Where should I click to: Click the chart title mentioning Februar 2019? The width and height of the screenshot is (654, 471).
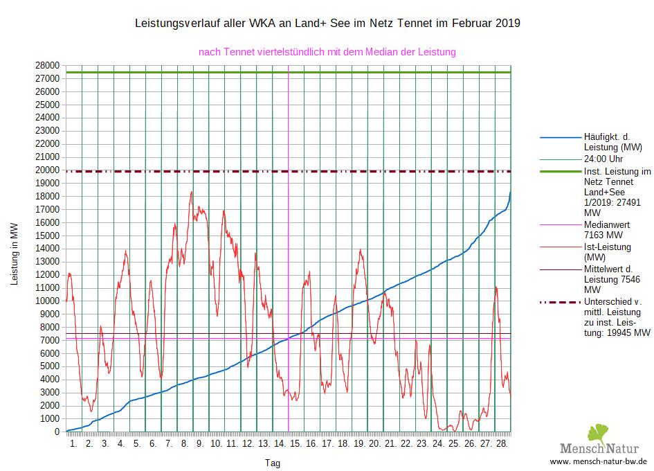click(327, 24)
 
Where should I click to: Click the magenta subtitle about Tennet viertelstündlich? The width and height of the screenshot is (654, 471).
click(327, 52)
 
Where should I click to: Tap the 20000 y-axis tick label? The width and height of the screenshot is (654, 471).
click(47, 170)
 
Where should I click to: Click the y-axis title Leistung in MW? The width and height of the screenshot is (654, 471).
click(14, 254)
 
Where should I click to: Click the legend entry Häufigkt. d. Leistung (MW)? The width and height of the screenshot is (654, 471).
click(612, 142)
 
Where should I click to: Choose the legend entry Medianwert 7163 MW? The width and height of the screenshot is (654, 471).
click(607, 230)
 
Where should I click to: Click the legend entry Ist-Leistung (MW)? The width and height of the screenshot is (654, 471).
click(607, 252)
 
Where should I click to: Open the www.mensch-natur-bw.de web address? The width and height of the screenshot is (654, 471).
click(598, 461)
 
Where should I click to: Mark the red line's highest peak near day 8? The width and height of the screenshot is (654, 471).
click(191, 192)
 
